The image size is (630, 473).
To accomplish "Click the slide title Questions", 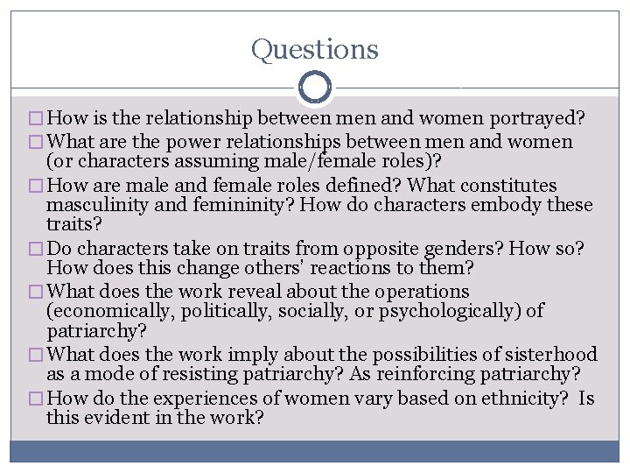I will (315, 49).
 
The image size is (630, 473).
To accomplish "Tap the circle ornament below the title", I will (314, 87).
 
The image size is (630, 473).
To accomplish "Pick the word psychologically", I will (455, 312).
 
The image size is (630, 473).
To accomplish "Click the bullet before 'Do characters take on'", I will (36, 250).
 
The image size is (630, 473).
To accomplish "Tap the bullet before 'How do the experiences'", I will (36, 399).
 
